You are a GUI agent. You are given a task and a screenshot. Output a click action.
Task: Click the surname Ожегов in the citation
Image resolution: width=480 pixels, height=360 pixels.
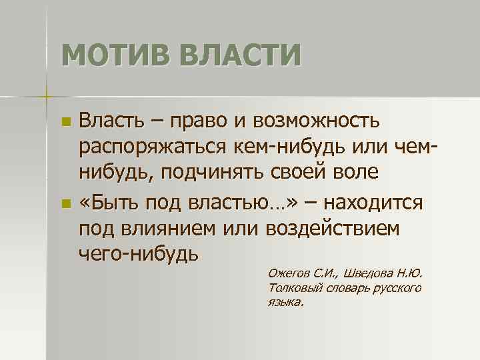coord(287,273)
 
